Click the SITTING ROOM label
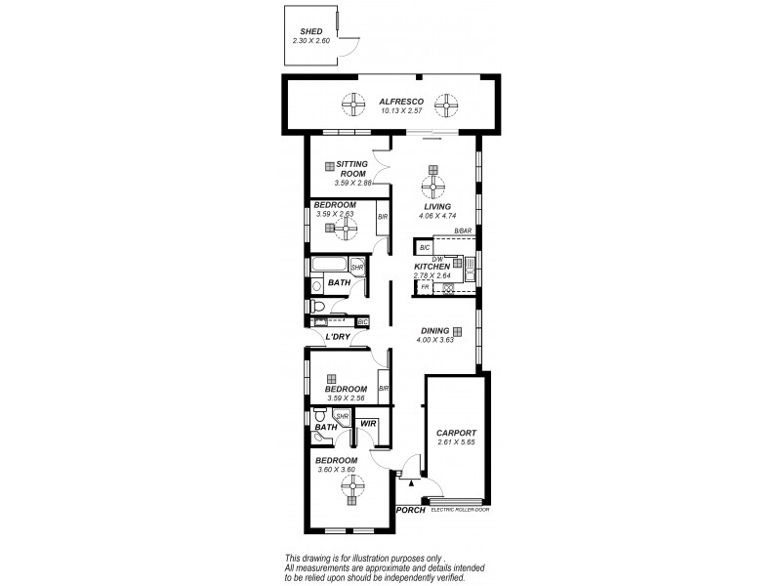350,169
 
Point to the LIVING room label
436,207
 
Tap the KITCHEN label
432,266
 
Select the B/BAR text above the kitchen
463,230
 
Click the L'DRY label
338,337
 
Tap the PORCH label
410,511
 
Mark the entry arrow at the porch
412,482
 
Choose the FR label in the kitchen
426,287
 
